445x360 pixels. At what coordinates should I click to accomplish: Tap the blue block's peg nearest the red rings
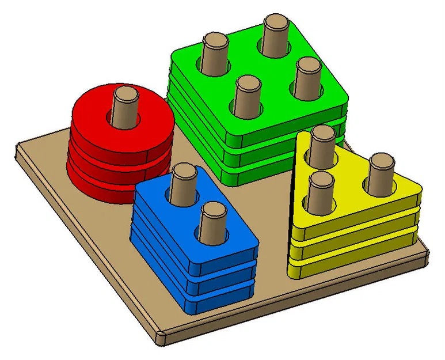[x=184, y=183]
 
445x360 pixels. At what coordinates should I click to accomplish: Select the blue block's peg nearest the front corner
[x=214, y=222]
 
